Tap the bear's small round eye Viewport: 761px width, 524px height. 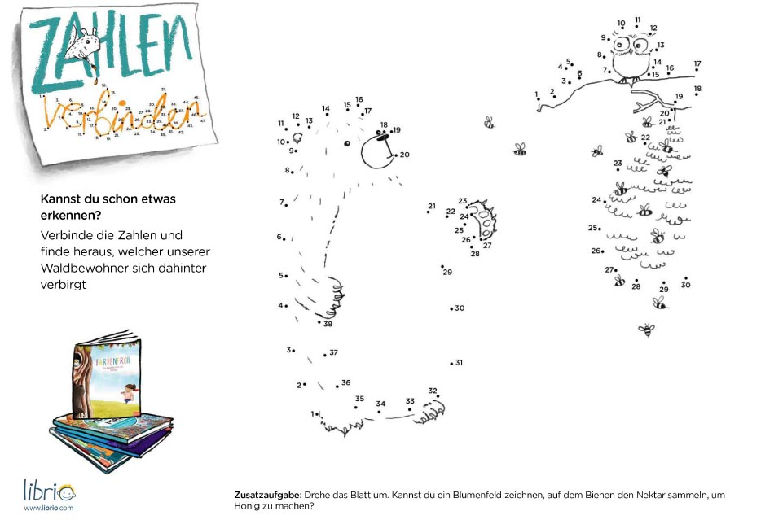pyautogui.click(x=346, y=143)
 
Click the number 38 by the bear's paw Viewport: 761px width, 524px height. pyautogui.click(x=328, y=324)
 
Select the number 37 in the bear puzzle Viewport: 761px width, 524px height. pyautogui.click(x=333, y=352)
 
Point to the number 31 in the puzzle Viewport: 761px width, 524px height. pyautogui.click(x=459, y=362)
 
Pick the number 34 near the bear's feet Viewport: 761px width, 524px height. pyautogui.click(x=380, y=404)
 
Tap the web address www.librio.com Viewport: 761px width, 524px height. pyautogui.click(x=48, y=508)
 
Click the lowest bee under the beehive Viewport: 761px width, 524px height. pyautogui.click(x=646, y=330)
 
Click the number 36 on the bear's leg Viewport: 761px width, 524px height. pyautogui.click(x=345, y=382)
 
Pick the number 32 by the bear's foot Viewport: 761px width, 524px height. pyautogui.click(x=433, y=391)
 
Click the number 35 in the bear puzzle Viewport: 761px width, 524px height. pyautogui.click(x=359, y=399)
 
